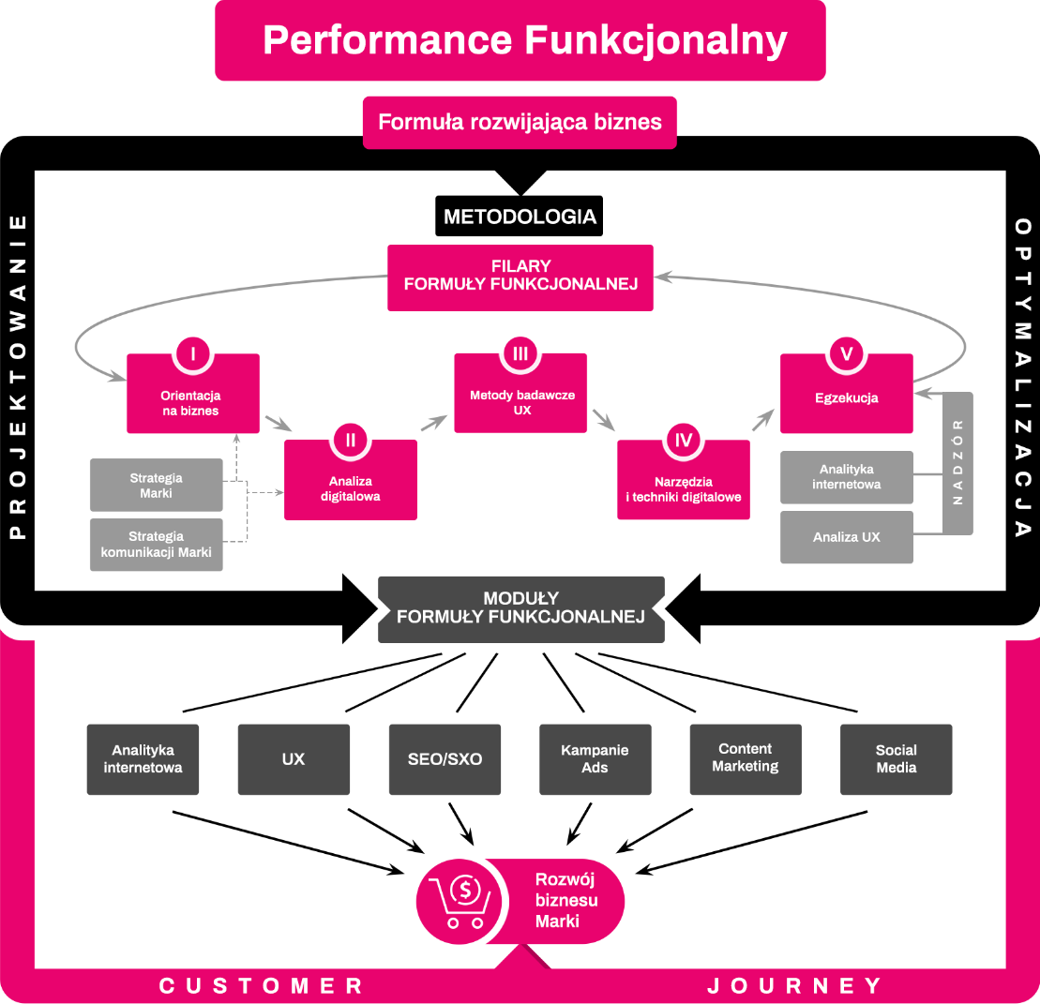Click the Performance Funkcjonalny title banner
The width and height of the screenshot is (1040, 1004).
click(x=520, y=40)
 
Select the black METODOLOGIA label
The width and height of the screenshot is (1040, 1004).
click(x=520, y=217)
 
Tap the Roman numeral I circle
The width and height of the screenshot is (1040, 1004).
click(x=192, y=353)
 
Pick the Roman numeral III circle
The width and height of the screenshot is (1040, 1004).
click(x=520, y=353)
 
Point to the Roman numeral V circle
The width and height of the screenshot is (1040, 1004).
click(x=846, y=353)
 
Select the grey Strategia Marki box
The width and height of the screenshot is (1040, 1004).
click(x=157, y=485)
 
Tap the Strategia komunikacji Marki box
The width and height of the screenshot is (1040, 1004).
click(x=157, y=545)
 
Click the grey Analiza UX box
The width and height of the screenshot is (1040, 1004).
click(x=846, y=537)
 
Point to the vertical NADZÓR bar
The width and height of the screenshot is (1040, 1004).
click(x=957, y=463)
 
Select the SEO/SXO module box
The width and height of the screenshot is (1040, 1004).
click(x=445, y=759)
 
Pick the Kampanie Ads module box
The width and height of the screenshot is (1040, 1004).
click(x=595, y=759)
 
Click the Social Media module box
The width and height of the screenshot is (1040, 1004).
click(x=896, y=759)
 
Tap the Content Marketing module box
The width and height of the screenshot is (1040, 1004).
click(x=746, y=759)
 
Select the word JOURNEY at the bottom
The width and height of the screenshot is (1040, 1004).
click(x=794, y=986)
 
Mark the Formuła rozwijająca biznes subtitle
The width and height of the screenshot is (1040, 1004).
click(x=520, y=123)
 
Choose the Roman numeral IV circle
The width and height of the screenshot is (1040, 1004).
click(x=683, y=439)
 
